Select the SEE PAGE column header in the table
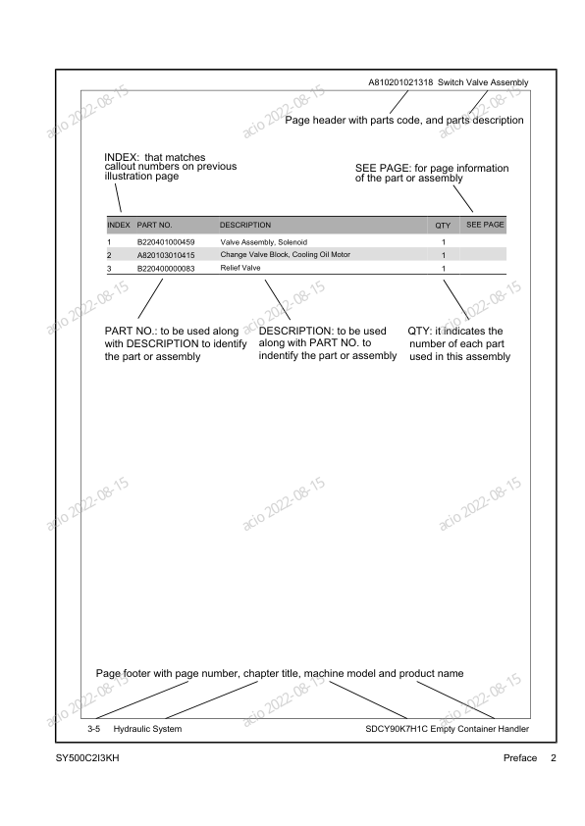[484, 225]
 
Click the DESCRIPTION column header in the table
[245, 226]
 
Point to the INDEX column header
[118, 226]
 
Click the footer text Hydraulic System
[147, 729]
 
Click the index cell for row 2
[109, 254]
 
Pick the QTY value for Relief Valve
[444, 267]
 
